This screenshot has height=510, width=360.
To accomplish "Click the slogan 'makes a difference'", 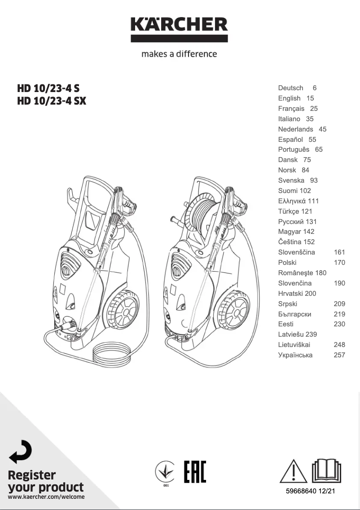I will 179,54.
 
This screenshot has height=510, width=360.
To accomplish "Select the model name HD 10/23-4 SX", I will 51,101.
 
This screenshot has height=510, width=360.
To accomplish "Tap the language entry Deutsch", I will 290,88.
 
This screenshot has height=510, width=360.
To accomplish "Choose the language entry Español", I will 290,140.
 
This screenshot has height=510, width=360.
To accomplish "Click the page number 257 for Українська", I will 339,355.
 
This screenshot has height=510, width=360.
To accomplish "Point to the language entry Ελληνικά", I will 292,201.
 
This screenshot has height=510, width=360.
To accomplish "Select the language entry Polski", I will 287,263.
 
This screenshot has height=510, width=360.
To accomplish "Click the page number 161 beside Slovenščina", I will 339,252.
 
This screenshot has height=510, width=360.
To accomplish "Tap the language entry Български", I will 294,314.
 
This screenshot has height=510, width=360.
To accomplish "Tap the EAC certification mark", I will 195,471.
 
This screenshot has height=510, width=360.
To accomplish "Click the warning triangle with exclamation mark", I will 294,471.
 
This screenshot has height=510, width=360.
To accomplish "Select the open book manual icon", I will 327,470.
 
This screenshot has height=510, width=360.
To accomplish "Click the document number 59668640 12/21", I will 310,491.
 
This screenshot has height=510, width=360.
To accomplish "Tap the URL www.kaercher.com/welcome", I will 46,497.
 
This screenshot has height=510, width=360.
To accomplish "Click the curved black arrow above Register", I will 21,451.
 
